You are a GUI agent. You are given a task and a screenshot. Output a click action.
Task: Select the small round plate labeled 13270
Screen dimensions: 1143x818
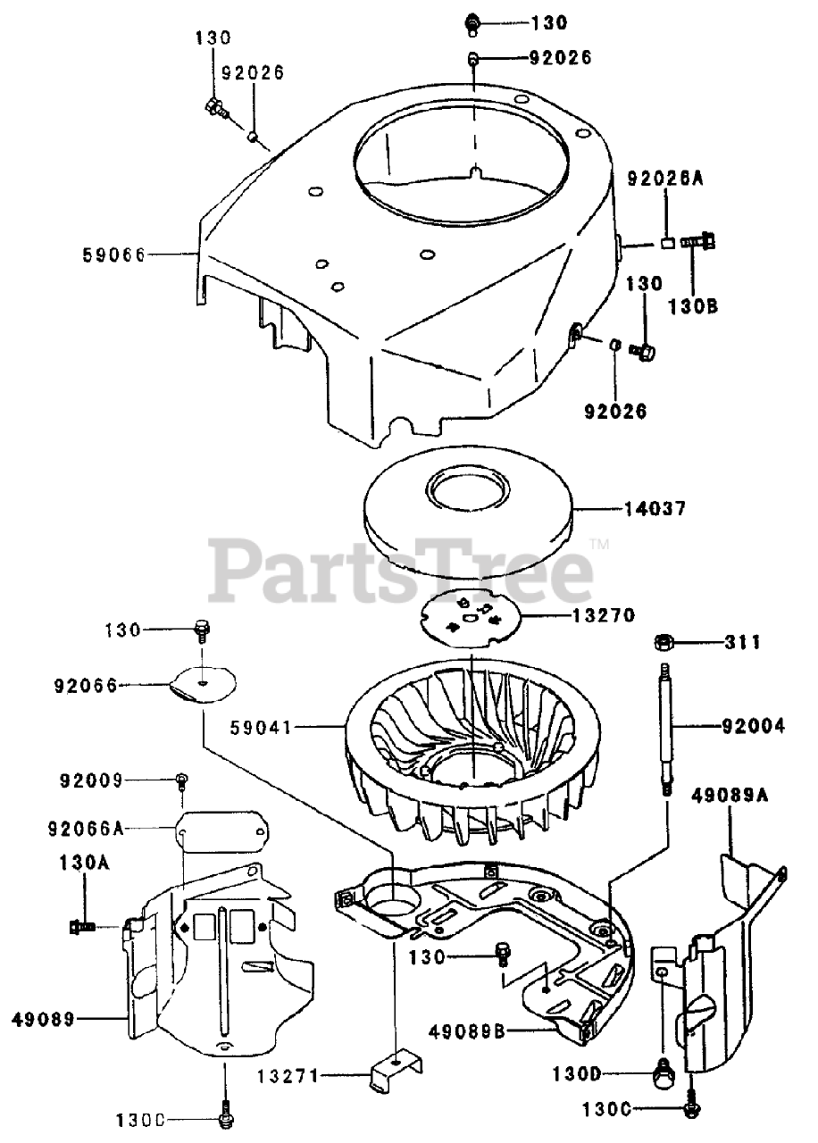coord(470,616)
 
